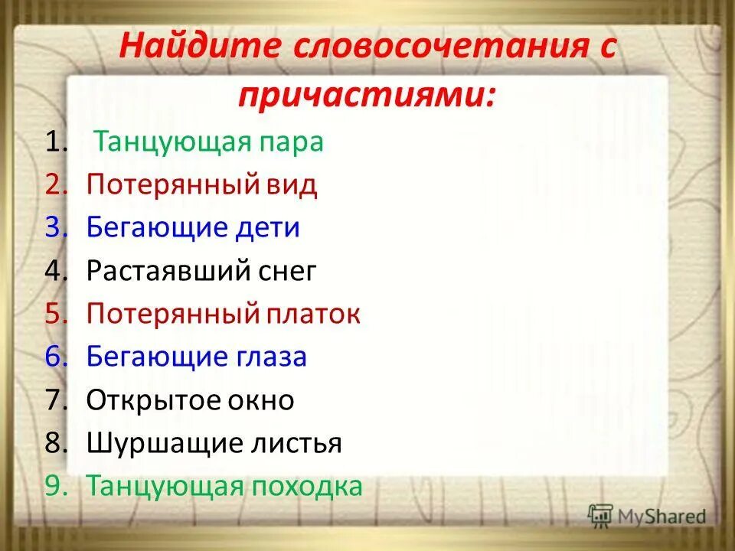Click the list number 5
pos(55,314)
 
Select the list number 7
pos(55,400)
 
